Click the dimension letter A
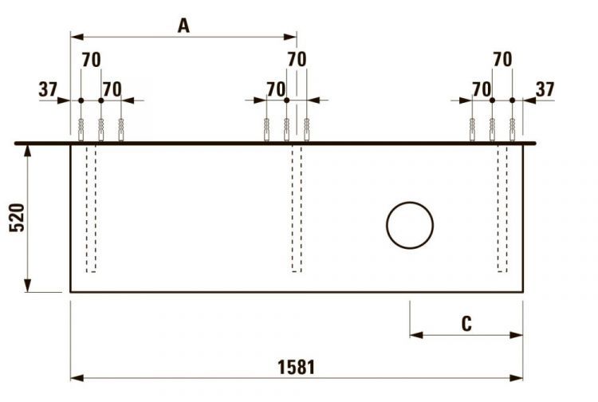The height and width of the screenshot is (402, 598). click(x=183, y=26)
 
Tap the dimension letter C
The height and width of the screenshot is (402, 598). click(x=466, y=323)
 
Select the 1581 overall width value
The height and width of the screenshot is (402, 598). click(x=296, y=367)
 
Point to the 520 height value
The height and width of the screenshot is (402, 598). click(x=17, y=218)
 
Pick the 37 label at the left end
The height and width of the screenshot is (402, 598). click(x=48, y=89)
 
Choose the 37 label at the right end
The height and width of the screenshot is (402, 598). click(x=545, y=89)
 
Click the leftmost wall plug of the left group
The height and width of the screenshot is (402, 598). click(x=81, y=129)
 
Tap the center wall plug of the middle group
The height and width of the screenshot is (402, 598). click(x=286, y=129)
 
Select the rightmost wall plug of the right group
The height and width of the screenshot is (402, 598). click(x=512, y=129)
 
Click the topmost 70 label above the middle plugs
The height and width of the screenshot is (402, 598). click(x=297, y=60)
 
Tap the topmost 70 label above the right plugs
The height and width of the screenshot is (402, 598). click(x=502, y=60)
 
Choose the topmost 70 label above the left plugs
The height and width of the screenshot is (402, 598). click(x=92, y=60)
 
